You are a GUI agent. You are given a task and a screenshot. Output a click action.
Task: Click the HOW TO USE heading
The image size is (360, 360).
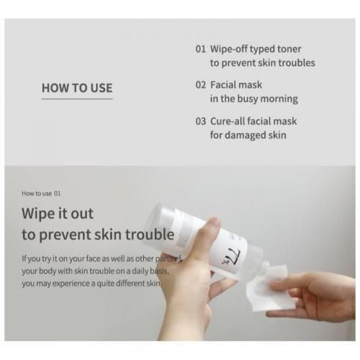tap(77, 89)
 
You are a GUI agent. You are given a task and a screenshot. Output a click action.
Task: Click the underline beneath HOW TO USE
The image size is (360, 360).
tap(77, 99)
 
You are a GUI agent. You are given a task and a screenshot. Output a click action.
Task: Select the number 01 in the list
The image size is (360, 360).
tap(201, 49)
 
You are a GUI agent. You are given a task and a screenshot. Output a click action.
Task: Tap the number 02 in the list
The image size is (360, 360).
tap(201, 85)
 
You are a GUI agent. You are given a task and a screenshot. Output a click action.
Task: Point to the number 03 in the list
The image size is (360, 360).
tap(201, 121)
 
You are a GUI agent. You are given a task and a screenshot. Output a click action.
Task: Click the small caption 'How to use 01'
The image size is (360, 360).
tap(41, 193)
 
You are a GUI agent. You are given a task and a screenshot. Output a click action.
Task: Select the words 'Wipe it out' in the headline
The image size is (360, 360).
tap(58, 214)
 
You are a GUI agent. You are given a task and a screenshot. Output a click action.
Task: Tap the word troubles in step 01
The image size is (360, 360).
tap(295, 63)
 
